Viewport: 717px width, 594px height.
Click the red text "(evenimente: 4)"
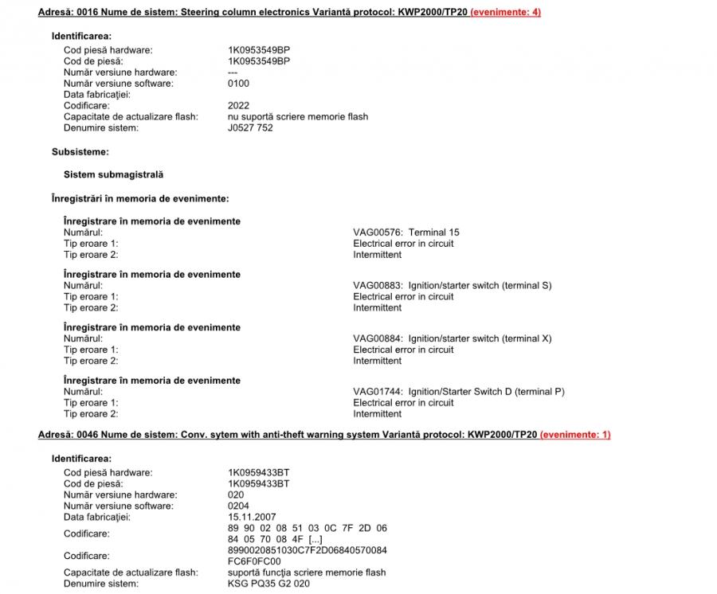point(505,12)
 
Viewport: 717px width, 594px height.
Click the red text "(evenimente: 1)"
point(575,435)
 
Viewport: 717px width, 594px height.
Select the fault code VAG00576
point(378,233)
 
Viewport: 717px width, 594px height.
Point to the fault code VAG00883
point(378,286)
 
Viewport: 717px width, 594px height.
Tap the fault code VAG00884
point(378,338)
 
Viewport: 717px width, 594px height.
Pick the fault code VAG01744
point(378,392)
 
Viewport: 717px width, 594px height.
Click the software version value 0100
point(238,84)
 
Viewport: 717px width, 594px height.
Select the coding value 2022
point(238,106)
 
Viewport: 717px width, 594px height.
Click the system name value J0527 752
point(250,128)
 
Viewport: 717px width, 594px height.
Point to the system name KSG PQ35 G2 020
point(268,584)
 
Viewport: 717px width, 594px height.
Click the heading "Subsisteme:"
point(80,151)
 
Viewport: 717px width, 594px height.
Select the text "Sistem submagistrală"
point(113,174)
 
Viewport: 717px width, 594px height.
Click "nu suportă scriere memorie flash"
point(297,117)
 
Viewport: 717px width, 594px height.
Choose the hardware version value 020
point(236,494)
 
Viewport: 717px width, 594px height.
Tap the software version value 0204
point(238,506)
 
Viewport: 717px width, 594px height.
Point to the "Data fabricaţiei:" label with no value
point(96,95)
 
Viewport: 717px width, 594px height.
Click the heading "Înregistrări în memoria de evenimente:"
point(139,198)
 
